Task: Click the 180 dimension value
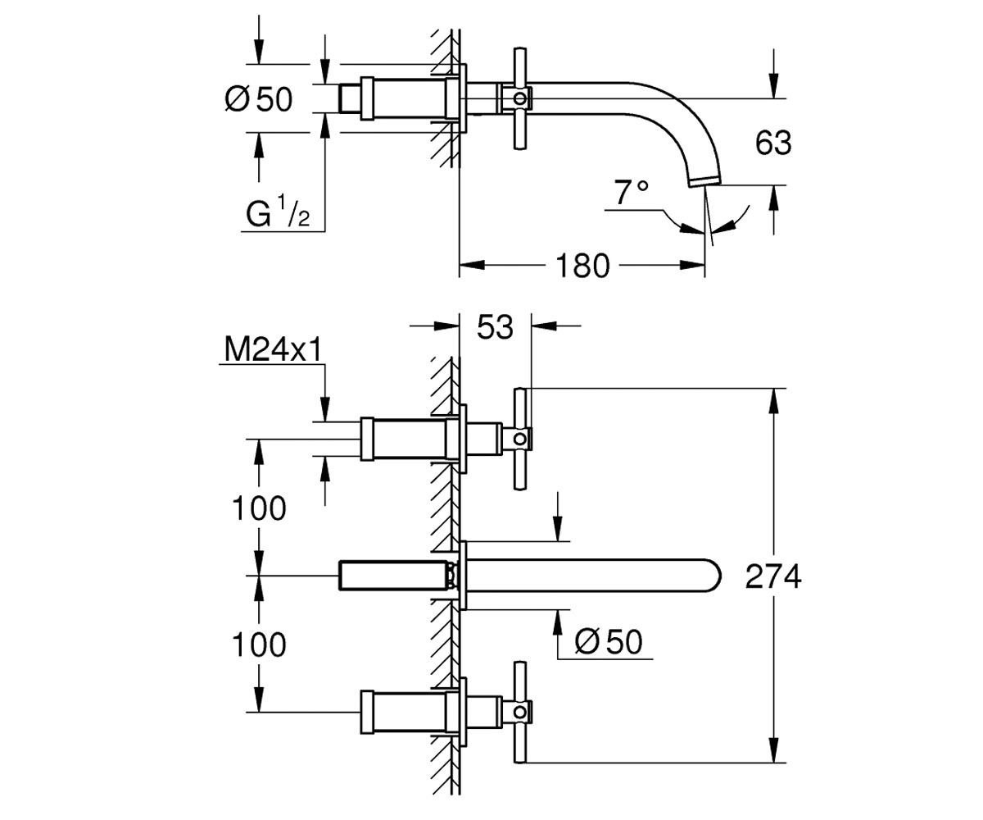(x=582, y=266)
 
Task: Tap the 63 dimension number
(x=773, y=143)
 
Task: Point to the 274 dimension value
(x=773, y=576)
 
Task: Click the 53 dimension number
(x=495, y=327)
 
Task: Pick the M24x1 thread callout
(x=274, y=350)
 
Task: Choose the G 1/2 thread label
(x=278, y=212)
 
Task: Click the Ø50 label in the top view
(x=259, y=99)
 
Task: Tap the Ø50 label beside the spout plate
(x=609, y=641)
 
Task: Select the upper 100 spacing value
(x=259, y=508)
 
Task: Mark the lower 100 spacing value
(x=259, y=645)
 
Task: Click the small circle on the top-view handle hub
(x=520, y=99)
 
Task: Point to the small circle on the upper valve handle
(x=520, y=439)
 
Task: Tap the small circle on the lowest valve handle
(x=520, y=712)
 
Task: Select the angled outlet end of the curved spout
(x=706, y=180)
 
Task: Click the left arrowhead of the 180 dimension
(x=472, y=266)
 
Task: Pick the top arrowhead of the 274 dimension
(x=773, y=401)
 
